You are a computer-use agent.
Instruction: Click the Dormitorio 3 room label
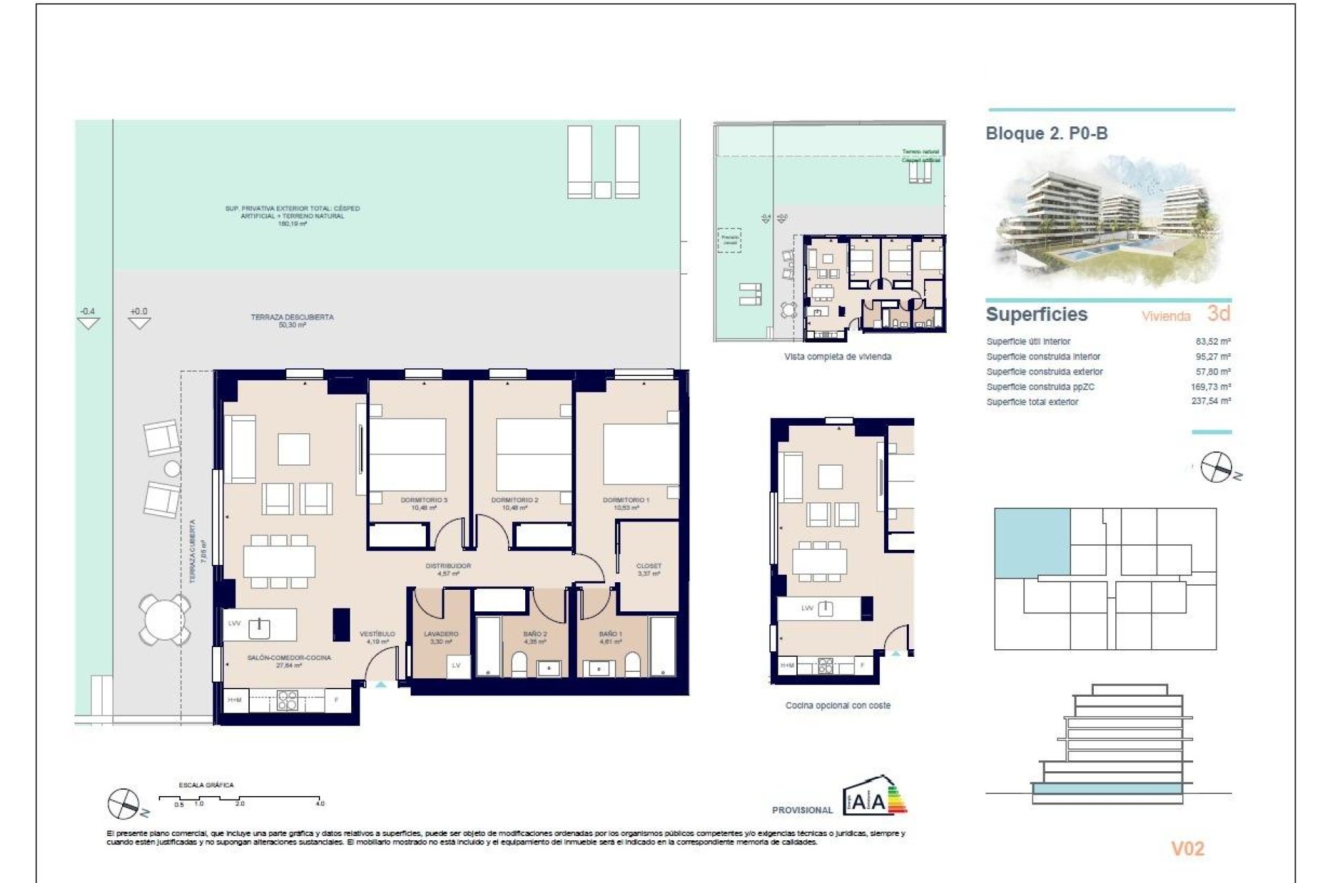pyautogui.click(x=424, y=500)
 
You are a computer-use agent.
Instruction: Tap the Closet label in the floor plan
pyautogui.click(x=648, y=566)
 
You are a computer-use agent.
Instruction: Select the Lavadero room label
pyautogui.click(x=440, y=633)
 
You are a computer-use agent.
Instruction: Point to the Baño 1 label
pyautogui.click(x=610, y=633)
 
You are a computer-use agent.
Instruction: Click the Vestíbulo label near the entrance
pyautogui.click(x=377, y=633)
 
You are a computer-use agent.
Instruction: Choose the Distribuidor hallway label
pyautogui.click(x=448, y=566)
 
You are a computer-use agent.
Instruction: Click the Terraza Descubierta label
pyautogui.click(x=292, y=317)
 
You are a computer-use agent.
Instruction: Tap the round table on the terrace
pyautogui.click(x=164, y=619)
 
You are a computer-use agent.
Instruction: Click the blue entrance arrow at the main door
pyautogui.click(x=381, y=685)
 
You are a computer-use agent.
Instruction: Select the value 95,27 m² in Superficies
pyautogui.click(x=1213, y=357)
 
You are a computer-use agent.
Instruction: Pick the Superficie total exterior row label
pyautogui.click(x=1032, y=402)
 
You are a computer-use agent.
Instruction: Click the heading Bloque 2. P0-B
pyautogui.click(x=1046, y=134)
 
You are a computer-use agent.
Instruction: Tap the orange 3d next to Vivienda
pyautogui.click(x=1219, y=314)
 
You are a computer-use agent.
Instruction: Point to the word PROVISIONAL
pyautogui.click(x=802, y=810)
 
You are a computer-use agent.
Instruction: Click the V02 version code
pyautogui.click(x=1187, y=849)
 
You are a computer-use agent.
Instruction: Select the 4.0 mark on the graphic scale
pyautogui.click(x=320, y=804)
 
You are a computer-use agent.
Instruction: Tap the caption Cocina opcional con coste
pyautogui.click(x=838, y=706)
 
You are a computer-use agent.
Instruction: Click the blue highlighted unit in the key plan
pyautogui.click(x=1032, y=542)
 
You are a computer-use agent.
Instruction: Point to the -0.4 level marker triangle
pyautogui.click(x=88, y=323)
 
